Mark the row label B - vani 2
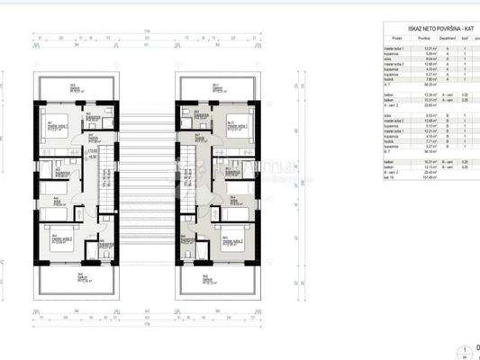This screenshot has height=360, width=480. (x=394, y=171)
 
